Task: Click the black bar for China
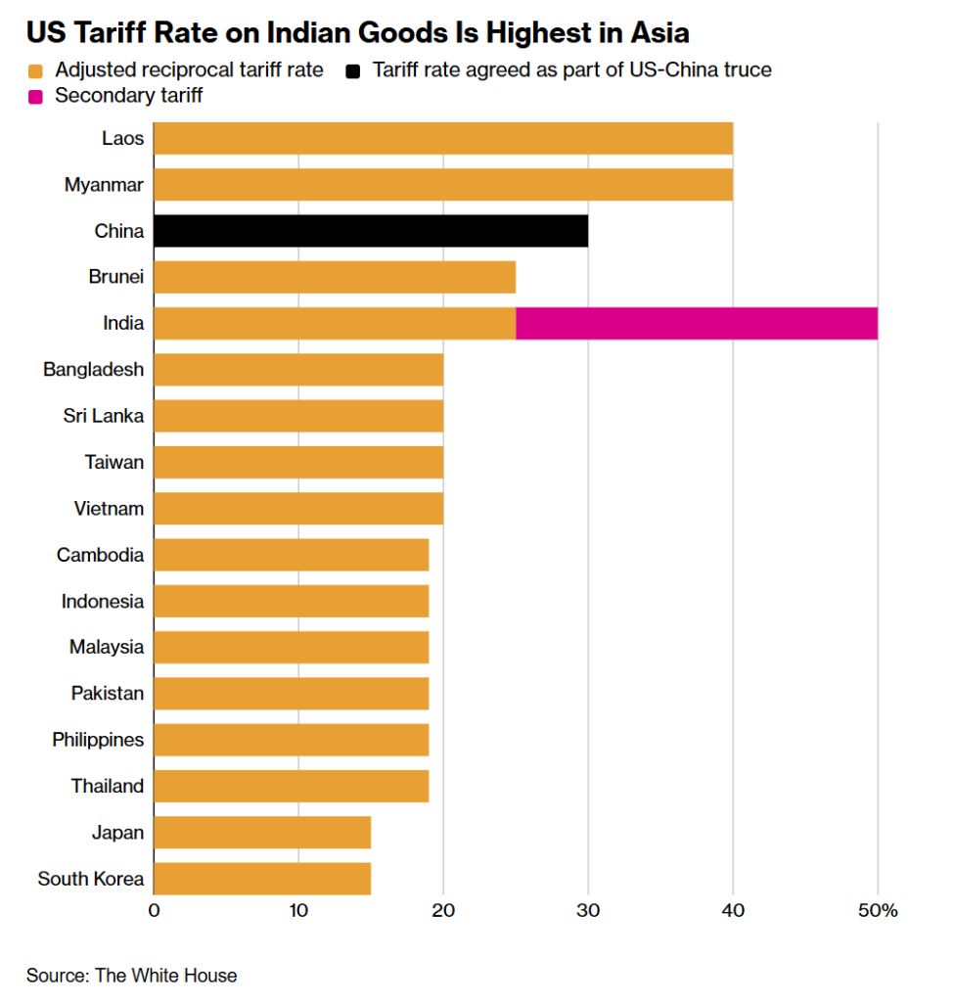371,231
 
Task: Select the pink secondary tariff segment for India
696,324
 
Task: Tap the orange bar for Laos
443,139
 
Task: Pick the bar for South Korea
262,879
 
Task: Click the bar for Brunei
335,277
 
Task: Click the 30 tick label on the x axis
588,911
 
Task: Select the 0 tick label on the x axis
154,911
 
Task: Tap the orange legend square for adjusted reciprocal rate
36,70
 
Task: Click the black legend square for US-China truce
353,70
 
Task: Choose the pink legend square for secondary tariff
36,96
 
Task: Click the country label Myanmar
104,185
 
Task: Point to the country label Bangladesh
93,370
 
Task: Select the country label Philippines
98,740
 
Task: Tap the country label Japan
117,833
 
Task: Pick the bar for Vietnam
298,509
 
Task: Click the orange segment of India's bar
335,324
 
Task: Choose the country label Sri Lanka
103,416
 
